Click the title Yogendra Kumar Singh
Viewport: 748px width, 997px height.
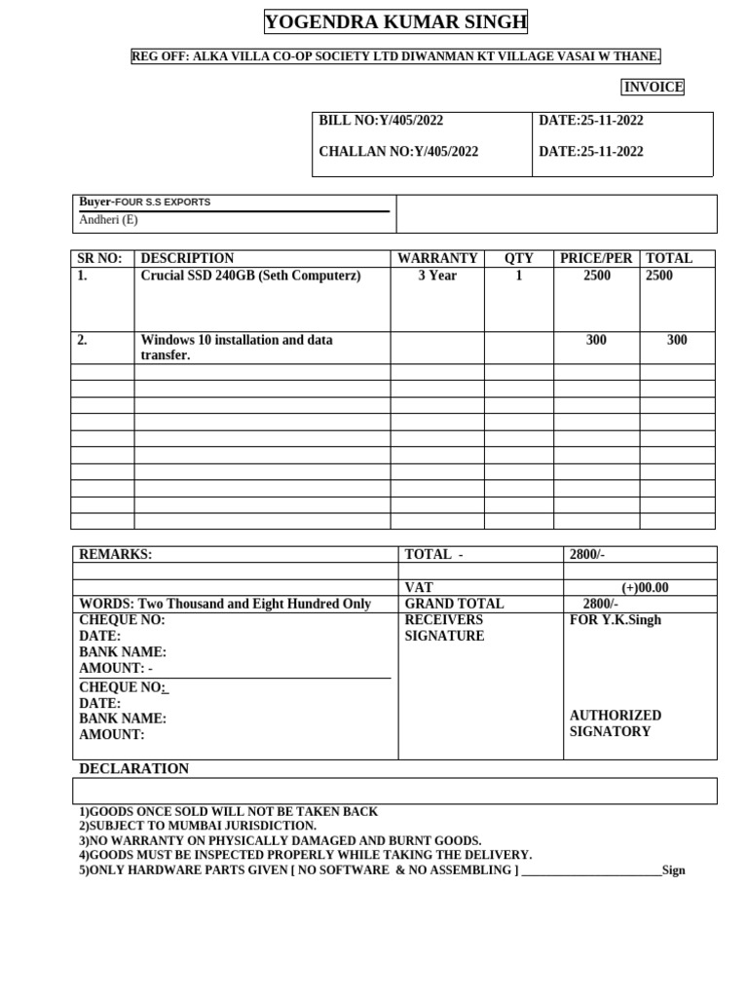pyautogui.click(x=395, y=22)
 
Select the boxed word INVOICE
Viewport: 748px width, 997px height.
pyautogui.click(x=654, y=88)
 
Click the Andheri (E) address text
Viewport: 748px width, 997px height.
pyautogui.click(x=109, y=220)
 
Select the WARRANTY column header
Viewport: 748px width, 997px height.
pyautogui.click(x=437, y=259)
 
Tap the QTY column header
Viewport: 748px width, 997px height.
pyautogui.click(x=518, y=259)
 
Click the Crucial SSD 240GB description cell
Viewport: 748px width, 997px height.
pyautogui.click(x=250, y=277)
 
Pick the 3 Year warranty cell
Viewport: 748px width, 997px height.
pyautogui.click(x=437, y=277)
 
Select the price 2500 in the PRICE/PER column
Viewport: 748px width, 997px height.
pyautogui.click(x=597, y=277)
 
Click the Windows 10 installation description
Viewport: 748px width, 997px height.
pyautogui.click(x=237, y=348)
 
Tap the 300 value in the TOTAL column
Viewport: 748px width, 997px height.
pyautogui.click(x=677, y=341)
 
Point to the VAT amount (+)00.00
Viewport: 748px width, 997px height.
pyautogui.click(x=645, y=588)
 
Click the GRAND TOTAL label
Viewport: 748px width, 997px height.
pyautogui.click(x=454, y=605)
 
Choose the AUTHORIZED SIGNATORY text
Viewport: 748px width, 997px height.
pyautogui.click(x=615, y=723)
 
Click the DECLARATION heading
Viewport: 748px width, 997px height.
pyautogui.click(x=133, y=769)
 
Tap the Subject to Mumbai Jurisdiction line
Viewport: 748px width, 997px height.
pyautogui.click(x=198, y=826)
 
